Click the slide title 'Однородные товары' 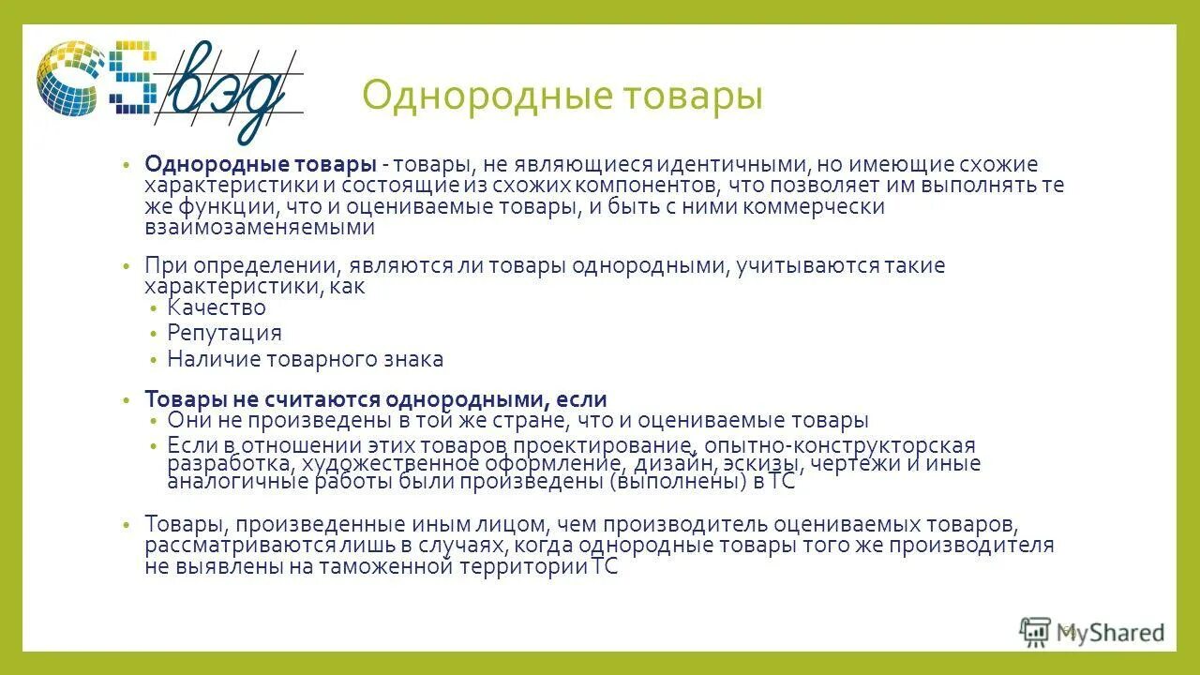562,97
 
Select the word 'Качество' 217,307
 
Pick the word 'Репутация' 224,333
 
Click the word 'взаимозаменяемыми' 260,227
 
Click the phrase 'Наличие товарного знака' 305,359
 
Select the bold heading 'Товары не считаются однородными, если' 376,399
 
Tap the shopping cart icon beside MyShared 1035,633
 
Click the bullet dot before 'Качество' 154,308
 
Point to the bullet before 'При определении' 125,266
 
